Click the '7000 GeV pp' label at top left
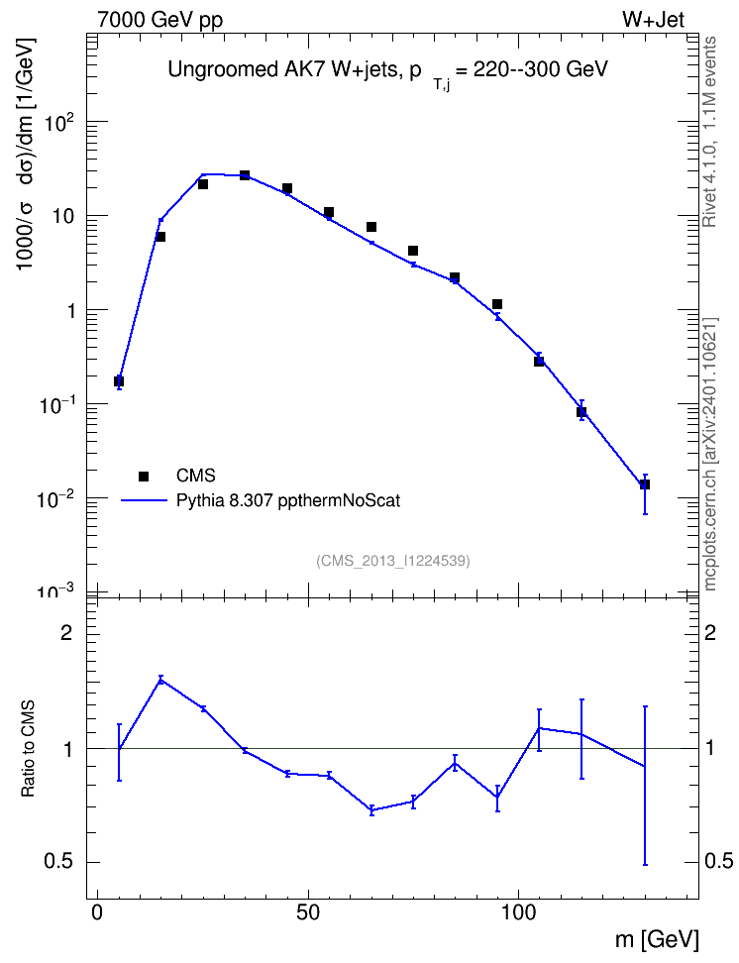pyautogui.click(x=159, y=20)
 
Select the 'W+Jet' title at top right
pyautogui.click(x=653, y=20)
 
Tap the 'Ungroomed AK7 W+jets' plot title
pyautogui.click(x=285, y=70)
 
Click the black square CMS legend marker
pyautogui.click(x=144, y=476)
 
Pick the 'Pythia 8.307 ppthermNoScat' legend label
pyautogui.click(x=288, y=500)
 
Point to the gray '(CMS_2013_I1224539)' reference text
pyautogui.click(x=393, y=561)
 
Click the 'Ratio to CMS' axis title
pyautogui.click(x=28, y=749)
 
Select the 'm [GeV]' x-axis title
pyautogui.click(x=657, y=939)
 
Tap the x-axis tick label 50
pyautogui.click(x=308, y=912)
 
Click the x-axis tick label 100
pyautogui.click(x=518, y=912)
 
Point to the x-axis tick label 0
pyautogui.click(x=97, y=912)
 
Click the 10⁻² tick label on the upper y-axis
pyautogui.click(x=55, y=499)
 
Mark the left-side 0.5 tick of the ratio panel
pyautogui.click(x=58, y=861)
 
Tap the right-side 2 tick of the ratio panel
pyautogui.click(x=710, y=633)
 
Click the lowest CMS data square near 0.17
pyautogui.click(x=119, y=381)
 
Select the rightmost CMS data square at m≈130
pyautogui.click(x=645, y=484)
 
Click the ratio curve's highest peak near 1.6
pyautogui.click(x=160, y=680)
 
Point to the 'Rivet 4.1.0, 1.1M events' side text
pyautogui.click(x=709, y=132)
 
